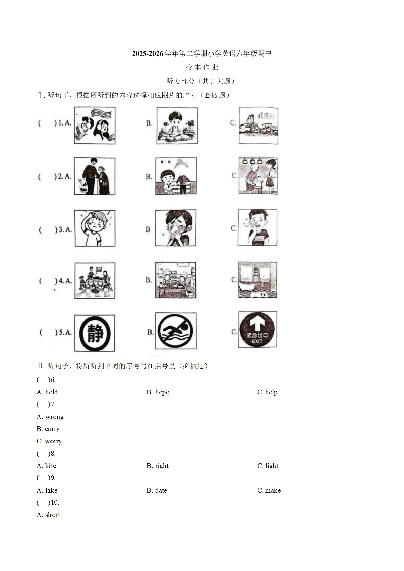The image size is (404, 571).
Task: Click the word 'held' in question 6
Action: pos(51,392)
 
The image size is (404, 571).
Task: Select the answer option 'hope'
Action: pos(162,392)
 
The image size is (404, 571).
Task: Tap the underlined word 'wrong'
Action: pos(54,417)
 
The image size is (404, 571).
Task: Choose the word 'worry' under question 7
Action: pos(53,441)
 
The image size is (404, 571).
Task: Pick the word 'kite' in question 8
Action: pos(50,466)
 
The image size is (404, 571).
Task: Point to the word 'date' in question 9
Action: pos(161,491)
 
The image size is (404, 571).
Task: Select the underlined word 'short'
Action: pos(53,515)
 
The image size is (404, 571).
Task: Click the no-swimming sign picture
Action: pos(176,331)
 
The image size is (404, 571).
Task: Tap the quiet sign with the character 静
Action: pos(95,333)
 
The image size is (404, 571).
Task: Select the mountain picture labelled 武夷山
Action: pos(259,126)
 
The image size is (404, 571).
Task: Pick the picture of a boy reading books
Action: pos(177,126)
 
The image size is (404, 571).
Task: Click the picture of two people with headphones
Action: pos(95,126)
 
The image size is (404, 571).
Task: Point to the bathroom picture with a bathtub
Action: pos(258,280)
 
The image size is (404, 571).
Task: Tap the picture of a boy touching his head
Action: pos(95,228)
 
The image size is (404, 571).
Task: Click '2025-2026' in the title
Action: pos(147,53)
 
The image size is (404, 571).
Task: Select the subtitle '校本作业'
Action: pos(202,67)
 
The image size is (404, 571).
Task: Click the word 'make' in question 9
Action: pos(273,491)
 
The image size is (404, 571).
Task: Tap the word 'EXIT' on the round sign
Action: pos(257,341)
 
